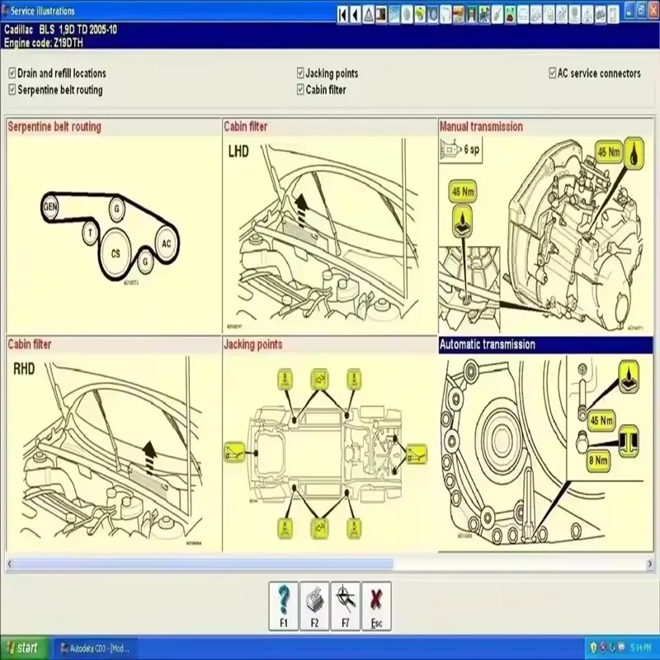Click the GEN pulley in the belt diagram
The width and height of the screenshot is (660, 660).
click(50, 207)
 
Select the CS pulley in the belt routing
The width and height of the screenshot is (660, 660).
click(115, 254)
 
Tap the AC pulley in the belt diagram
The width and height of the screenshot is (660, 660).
click(166, 243)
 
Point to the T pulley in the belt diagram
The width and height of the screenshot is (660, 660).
click(88, 233)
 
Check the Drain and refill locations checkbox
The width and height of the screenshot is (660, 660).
click(12, 73)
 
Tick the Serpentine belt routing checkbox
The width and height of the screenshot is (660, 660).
click(12, 90)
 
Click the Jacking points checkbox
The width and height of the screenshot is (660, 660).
click(300, 73)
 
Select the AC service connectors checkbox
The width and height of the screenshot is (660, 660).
click(552, 73)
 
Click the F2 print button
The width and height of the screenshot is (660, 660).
click(313, 606)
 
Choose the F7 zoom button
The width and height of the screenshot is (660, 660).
click(345, 606)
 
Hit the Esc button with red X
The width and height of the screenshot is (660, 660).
click(376, 606)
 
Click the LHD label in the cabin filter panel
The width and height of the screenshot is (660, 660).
click(238, 151)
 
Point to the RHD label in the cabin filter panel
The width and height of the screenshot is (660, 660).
click(23, 369)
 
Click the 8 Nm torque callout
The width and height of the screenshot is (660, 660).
click(599, 461)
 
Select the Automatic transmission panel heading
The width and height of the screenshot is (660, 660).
click(488, 345)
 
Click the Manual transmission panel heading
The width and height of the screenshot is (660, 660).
click(481, 127)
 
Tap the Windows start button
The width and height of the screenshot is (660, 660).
click(23, 648)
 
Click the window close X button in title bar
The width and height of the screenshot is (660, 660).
click(652, 9)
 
